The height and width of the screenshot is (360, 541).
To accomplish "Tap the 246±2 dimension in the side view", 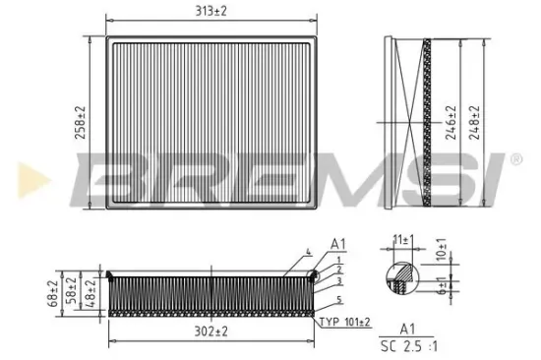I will click(x=450, y=123).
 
